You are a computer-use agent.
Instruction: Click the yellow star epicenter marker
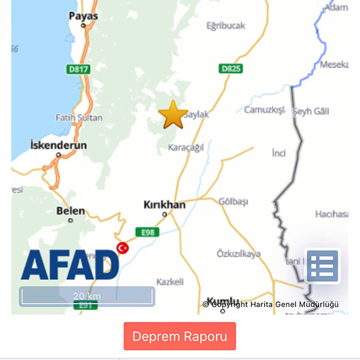pos(173,115)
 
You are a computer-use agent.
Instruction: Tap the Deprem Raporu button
pos(179,336)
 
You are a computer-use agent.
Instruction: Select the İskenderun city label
pos(58,145)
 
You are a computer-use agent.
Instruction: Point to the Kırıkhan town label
pos(164,205)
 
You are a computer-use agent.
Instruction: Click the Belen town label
pos(70,211)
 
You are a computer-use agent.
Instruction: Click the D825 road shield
pos(231,68)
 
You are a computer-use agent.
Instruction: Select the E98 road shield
pos(147,232)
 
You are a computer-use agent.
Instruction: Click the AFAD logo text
pos(69,265)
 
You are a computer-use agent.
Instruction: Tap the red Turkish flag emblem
pos(123,248)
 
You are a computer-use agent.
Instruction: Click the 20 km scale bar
pos(87,296)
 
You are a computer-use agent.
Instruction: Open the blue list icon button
pos(323,266)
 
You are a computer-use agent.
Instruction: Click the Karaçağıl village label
pos(186,147)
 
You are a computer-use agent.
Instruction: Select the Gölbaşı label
pos(233,201)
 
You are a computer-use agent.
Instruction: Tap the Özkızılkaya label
pos(238,254)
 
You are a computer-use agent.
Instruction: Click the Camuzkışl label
pos(265,110)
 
